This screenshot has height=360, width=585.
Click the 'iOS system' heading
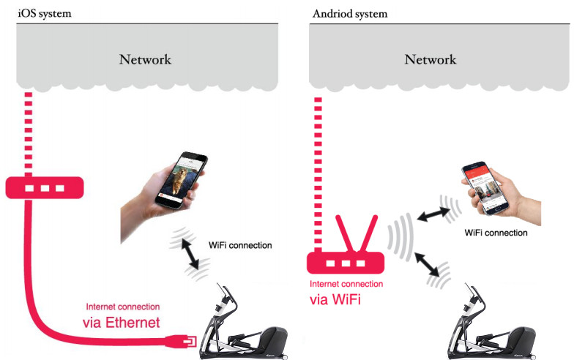(45, 13)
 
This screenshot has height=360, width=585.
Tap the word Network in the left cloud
(145, 59)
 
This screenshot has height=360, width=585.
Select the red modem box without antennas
(43, 187)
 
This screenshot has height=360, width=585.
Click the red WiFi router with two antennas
(344, 260)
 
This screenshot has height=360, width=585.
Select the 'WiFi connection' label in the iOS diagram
(240, 245)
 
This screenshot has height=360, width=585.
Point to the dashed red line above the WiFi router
(319, 168)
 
